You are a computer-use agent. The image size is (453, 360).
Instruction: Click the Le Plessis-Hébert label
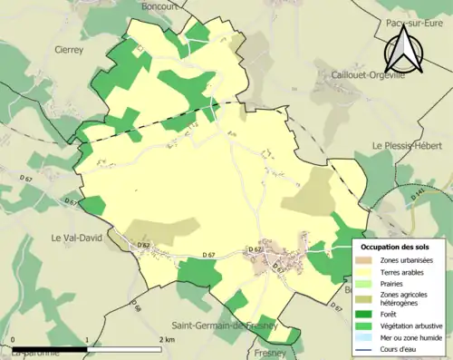(x=412, y=146)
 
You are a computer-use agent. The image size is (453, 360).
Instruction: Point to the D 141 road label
(x=417, y=195)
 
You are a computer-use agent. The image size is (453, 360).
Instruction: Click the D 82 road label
(x=142, y=246)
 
